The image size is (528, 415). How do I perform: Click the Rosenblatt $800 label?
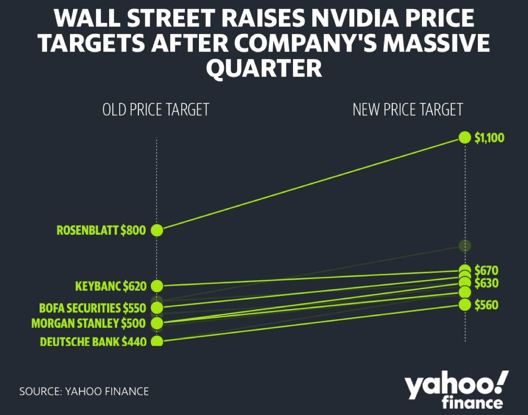pyautogui.click(x=101, y=230)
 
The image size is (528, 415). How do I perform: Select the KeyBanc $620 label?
pyautogui.click(x=110, y=286)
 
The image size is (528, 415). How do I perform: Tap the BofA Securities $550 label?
pyautogui.click(x=92, y=307)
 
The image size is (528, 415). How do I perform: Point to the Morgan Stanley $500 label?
pyautogui.click(x=88, y=323)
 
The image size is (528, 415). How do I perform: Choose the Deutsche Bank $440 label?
pyautogui.click(x=93, y=341)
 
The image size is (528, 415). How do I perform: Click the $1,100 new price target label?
pyautogui.click(x=489, y=138)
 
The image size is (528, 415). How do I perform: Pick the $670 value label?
pyautogui.click(x=486, y=270)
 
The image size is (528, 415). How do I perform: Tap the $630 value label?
pyautogui.click(x=486, y=283)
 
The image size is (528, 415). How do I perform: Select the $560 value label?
pyautogui.click(x=486, y=304)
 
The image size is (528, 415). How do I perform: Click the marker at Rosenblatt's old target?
pyautogui.click(x=157, y=230)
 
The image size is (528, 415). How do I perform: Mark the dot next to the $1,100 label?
pyautogui.click(x=465, y=137)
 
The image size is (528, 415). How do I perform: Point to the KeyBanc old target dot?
pyautogui.click(x=157, y=286)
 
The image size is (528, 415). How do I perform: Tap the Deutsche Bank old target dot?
pyautogui.click(x=157, y=341)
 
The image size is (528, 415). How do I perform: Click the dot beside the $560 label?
pyautogui.click(x=465, y=304)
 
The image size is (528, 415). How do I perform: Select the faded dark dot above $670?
pyautogui.click(x=465, y=246)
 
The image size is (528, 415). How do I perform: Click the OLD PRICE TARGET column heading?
pyautogui.click(x=155, y=110)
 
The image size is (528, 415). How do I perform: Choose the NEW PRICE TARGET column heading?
pyautogui.click(x=408, y=110)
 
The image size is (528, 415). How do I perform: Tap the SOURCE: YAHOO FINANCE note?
pyautogui.click(x=84, y=391)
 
